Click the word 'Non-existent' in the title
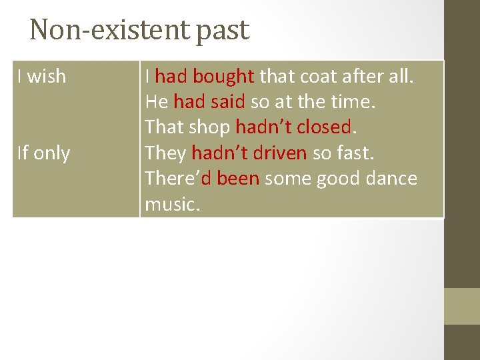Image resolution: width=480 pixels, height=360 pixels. tap(110, 30)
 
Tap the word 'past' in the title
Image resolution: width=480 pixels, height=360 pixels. tap(222, 31)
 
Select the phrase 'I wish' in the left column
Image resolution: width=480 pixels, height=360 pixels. tap(42, 77)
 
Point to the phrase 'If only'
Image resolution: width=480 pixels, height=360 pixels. tap(44, 153)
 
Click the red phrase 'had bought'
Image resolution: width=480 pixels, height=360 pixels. tap(205, 77)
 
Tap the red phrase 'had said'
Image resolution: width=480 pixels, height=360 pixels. tap(209, 103)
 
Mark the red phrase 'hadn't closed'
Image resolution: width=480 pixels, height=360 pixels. tap(293, 127)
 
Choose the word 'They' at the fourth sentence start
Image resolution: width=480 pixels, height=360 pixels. tap(165, 153)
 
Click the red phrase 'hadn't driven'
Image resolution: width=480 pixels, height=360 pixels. tap(249, 153)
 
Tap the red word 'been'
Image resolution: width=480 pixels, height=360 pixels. tap(237, 179)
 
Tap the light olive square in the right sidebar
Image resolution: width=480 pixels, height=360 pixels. tap(462, 306)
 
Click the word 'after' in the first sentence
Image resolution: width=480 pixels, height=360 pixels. tap(371, 77)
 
